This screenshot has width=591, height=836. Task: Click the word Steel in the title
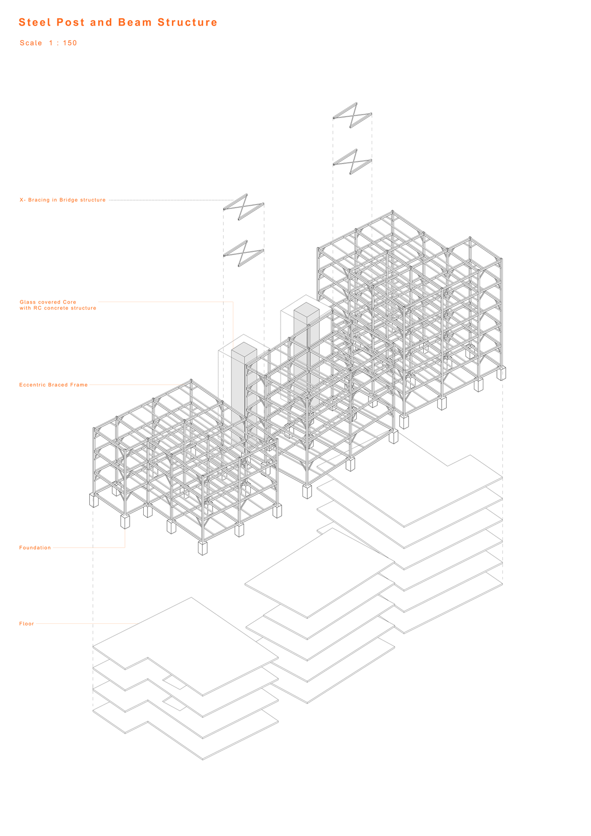34,22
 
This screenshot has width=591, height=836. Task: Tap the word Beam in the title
135,22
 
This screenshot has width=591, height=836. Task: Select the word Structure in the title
188,22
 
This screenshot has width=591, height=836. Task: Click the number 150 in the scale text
70,43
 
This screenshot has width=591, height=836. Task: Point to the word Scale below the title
31,43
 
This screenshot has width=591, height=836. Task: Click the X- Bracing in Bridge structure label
63,200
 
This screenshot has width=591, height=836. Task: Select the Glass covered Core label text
48,302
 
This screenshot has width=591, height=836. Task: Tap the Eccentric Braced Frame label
53,385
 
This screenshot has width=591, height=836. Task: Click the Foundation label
35,548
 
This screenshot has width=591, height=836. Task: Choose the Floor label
27,624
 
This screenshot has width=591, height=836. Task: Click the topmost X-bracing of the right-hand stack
352,115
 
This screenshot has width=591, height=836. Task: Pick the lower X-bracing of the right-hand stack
352,161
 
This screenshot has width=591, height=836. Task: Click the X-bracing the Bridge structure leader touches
244,207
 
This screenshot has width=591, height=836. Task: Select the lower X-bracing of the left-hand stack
244,253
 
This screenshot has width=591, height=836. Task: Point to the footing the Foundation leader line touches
125,522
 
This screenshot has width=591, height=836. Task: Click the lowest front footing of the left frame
203,548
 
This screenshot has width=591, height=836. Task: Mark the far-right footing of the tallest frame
501,373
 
